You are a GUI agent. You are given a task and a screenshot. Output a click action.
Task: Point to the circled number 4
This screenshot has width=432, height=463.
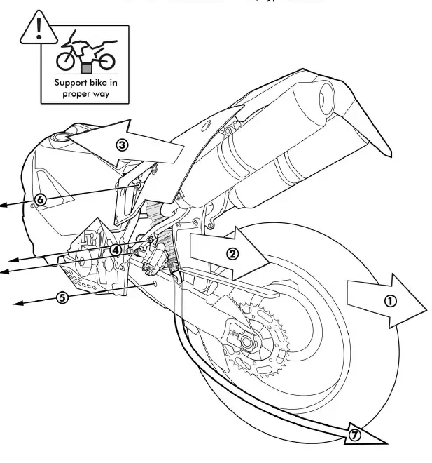(x=115, y=249)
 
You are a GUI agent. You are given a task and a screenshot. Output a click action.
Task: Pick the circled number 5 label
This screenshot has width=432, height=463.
(x=62, y=297)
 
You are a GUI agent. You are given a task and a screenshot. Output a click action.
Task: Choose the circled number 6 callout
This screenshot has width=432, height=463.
(x=40, y=200)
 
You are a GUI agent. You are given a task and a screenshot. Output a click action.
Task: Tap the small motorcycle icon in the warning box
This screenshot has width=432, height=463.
(x=86, y=53)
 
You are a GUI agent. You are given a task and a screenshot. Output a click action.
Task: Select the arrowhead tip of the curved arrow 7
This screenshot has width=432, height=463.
(x=385, y=443)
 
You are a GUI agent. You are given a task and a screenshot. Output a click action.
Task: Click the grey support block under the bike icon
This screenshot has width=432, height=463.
(x=86, y=68)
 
